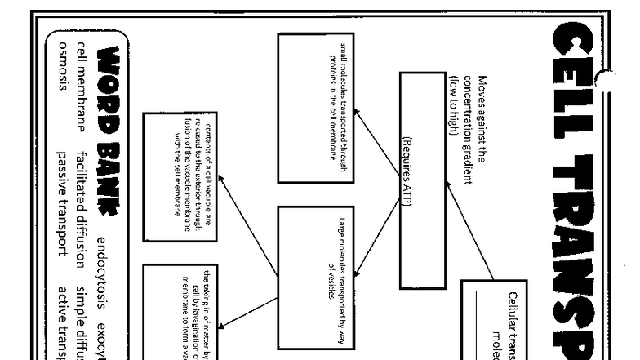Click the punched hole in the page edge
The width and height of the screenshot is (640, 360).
[x=605, y=79]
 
